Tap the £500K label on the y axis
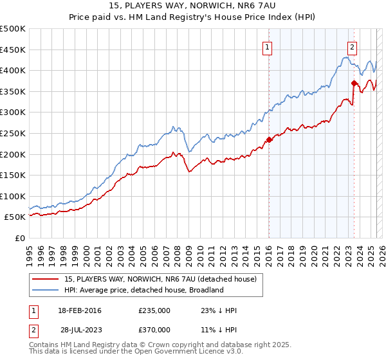[13, 29]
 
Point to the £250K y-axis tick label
[13, 133]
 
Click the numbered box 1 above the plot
[266, 46]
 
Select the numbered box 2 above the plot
[353, 46]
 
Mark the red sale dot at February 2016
[269, 139]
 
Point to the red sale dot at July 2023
[354, 83]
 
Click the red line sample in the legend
[46, 279]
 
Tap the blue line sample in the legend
[46, 290]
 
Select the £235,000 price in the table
[154, 310]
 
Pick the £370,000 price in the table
[154, 330]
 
